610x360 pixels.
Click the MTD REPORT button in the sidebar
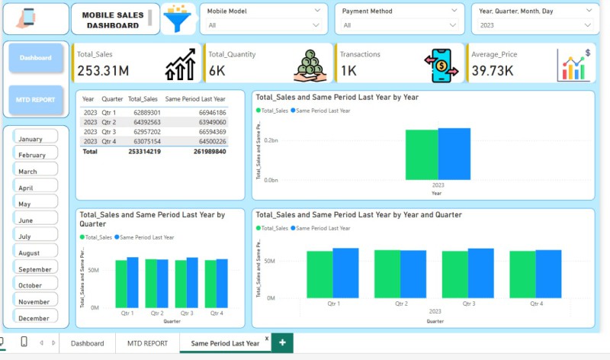(36, 100)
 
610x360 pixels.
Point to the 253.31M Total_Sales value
(103, 71)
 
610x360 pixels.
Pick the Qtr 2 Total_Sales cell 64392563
(143, 122)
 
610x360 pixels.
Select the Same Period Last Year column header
(195, 99)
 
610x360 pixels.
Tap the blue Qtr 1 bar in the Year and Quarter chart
(345, 274)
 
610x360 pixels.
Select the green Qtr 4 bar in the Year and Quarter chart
(522, 275)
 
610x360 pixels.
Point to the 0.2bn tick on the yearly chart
(270, 141)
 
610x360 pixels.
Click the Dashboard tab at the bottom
(87, 343)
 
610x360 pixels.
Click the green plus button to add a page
(282, 343)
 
